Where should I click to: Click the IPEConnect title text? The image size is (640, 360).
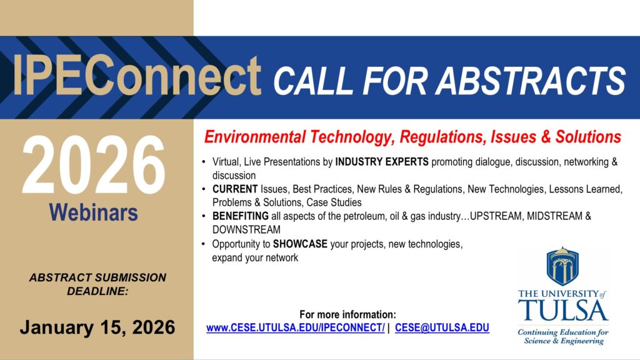click(137, 76)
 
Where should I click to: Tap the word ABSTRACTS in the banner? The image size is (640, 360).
click(530, 81)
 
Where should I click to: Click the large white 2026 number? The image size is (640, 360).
click(94, 165)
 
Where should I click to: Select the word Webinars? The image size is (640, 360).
click(94, 212)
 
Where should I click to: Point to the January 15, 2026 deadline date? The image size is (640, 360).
click(97, 327)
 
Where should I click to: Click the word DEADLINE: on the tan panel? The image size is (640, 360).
click(97, 291)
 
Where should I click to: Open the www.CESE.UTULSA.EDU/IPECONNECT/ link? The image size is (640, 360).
click(296, 327)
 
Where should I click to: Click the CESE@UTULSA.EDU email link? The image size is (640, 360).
click(442, 327)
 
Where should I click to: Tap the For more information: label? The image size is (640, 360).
click(347, 314)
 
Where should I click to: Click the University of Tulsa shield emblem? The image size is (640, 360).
click(562, 266)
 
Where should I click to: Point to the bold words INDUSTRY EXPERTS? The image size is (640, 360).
click(382, 162)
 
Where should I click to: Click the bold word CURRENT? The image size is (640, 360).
click(235, 189)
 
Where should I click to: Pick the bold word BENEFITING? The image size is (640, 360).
click(241, 216)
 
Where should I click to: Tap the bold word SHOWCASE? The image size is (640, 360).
click(300, 244)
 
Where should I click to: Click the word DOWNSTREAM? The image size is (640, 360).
click(246, 229)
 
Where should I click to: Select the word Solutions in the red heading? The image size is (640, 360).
click(588, 137)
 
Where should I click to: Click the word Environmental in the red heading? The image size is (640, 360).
click(255, 137)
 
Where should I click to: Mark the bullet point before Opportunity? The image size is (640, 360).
click(204, 244)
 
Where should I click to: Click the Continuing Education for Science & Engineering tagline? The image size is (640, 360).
click(563, 337)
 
